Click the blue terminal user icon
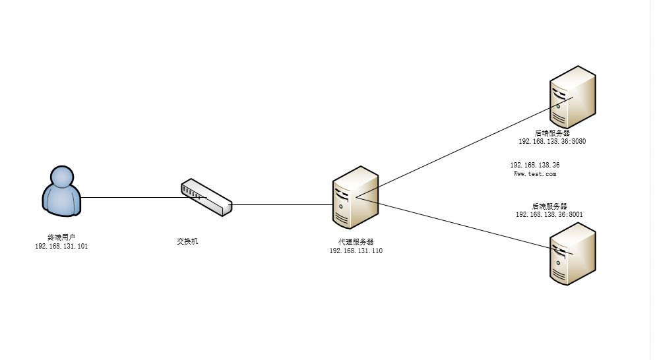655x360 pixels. pyautogui.click(x=61, y=192)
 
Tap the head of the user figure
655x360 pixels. pyautogui.click(x=61, y=177)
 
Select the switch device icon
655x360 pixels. pyautogui.click(x=206, y=197)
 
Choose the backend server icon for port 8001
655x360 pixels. pyautogui.click(x=573, y=254)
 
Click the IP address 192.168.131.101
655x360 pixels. pyautogui.click(x=61, y=246)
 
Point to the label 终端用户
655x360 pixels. pyautogui.click(x=61, y=237)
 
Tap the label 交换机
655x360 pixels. pyautogui.click(x=187, y=241)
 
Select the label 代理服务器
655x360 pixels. pyautogui.click(x=356, y=242)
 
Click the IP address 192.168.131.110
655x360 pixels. pyautogui.click(x=356, y=251)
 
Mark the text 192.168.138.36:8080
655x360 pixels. pyautogui.click(x=552, y=142)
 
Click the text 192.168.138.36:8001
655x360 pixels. pyautogui.click(x=549, y=214)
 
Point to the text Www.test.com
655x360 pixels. pyautogui.click(x=535, y=174)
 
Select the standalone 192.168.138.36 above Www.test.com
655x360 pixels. pyautogui.click(x=535, y=165)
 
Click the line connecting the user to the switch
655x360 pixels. pyautogui.click(x=132, y=197)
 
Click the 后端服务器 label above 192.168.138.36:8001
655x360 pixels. pyautogui.click(x=549, y=206)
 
